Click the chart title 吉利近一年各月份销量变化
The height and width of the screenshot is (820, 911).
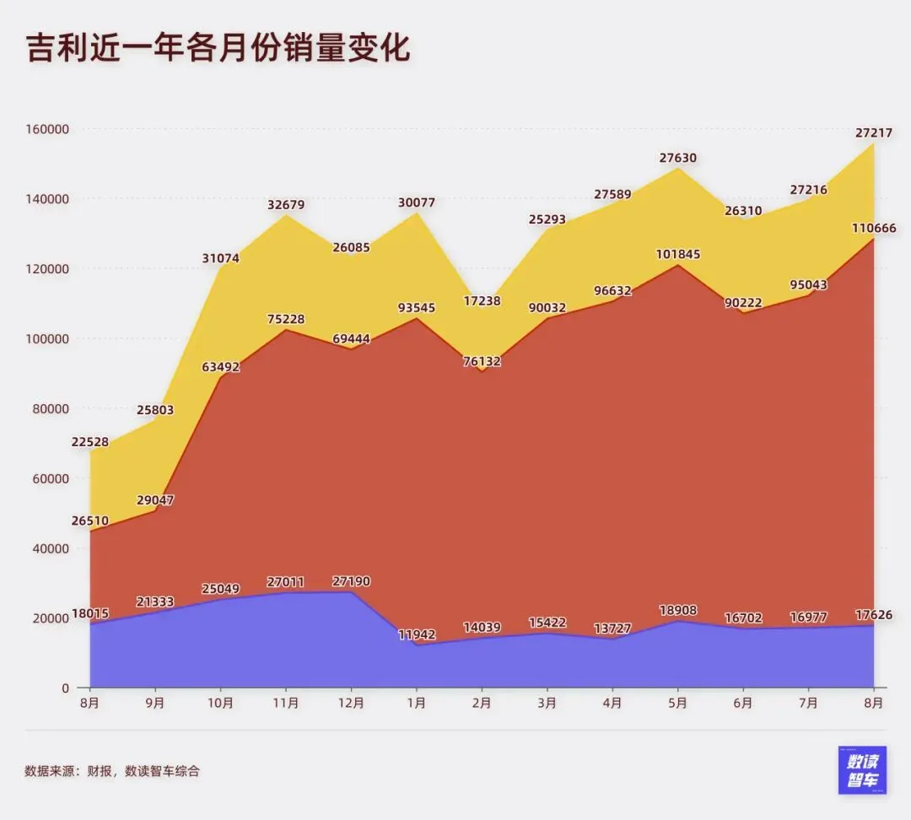(218, 49)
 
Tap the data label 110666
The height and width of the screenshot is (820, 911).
(873, 228)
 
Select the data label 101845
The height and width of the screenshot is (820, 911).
(677, 254)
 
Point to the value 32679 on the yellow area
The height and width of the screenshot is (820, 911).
(286, 204)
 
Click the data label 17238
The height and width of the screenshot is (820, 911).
(482, 300)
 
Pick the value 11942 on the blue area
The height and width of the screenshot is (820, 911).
(416, 634)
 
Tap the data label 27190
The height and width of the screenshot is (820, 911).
(351, 581)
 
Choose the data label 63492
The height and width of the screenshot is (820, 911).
(221, 367)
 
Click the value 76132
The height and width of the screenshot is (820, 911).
(482, 361)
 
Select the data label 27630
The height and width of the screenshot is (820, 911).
(677, 158)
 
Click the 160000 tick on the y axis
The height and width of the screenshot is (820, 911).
(46, 129)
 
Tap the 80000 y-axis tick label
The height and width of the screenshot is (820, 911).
(50, 408)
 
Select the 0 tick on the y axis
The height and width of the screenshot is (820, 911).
(65, 688)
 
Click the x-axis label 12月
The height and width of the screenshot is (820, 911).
(351, 703)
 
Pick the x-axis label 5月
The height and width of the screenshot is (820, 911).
(677, 703)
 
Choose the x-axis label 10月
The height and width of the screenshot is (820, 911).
(221, 703)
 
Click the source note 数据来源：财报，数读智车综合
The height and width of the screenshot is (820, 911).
(112, 770)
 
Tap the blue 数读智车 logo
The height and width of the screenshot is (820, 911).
(862, 769)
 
